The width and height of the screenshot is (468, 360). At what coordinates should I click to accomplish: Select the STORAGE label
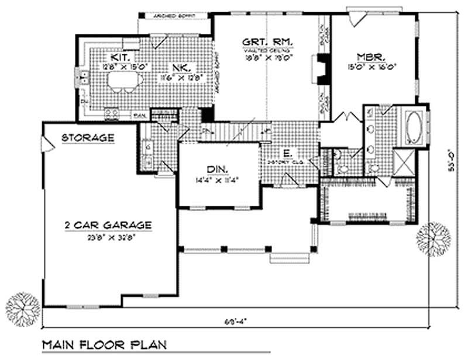point(88,138)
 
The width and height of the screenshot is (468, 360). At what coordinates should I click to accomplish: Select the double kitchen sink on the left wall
point(84,76)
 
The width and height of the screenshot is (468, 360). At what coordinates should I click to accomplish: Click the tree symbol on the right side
point(433,239)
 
